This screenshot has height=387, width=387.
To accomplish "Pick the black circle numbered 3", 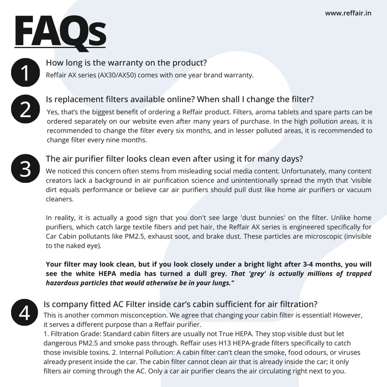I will coord(24,169).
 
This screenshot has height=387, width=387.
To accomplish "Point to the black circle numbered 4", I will coord(24,313).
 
